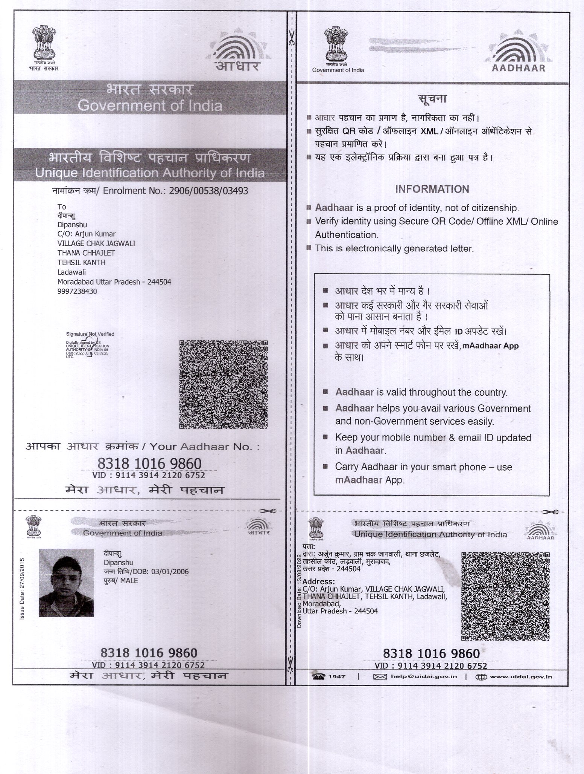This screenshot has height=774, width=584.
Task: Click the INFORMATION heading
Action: point(432,189)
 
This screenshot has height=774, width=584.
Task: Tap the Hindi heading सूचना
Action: point(432,99)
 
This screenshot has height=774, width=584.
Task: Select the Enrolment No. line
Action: point(150,191)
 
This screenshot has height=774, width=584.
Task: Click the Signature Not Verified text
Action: point(90,334)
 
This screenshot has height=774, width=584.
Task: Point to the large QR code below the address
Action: point(224,384)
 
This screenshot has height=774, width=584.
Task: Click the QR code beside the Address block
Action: point(505,596)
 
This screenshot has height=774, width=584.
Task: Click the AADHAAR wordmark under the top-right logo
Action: point(518,68)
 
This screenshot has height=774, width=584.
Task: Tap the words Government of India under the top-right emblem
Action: point(338,70)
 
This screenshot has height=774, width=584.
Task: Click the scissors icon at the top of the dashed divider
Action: point(291,38)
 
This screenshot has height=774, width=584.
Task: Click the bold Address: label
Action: point(318,581)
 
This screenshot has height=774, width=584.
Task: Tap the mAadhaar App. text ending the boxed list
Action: point(370,480)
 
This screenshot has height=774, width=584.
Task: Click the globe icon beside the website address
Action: point(481,677)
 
